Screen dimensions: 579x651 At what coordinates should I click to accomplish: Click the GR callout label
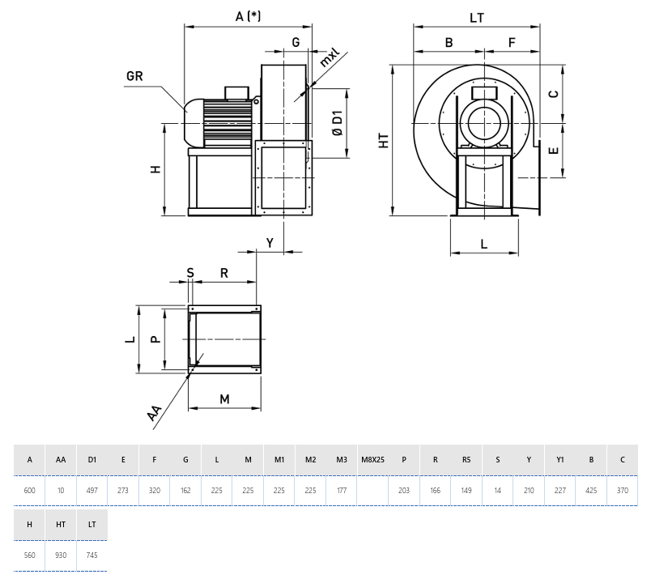tap(134, 77)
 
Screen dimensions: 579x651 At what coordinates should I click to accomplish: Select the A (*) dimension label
tap(247, 16)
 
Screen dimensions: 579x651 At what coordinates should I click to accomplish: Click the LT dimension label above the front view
tap(477, 16)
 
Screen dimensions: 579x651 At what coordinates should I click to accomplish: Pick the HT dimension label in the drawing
tap(384, 141)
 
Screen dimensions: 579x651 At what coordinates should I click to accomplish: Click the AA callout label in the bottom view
tap(155, 414)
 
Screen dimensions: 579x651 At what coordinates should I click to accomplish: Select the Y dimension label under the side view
tap(270, 242)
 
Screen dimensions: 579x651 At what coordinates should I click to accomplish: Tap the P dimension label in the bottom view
tap(156, 339)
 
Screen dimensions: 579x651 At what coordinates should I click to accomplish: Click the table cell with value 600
tap(30, 491)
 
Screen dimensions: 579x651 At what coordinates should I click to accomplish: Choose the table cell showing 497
tap(92, 491)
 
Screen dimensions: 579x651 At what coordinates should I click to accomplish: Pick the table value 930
tap(61, 555)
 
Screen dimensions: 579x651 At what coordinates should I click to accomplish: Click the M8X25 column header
tap(372, 460)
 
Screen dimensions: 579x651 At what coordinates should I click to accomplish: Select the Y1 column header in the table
tap(560, 460)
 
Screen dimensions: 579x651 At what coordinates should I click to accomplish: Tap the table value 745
tap(92, 555)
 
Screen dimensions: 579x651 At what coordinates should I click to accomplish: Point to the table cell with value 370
tap(622, 491)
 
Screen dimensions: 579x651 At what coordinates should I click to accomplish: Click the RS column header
tap(466, 460)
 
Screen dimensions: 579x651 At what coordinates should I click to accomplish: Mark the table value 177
tap(342, 491)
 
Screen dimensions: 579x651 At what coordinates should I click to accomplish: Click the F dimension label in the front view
tap(512, 42)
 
